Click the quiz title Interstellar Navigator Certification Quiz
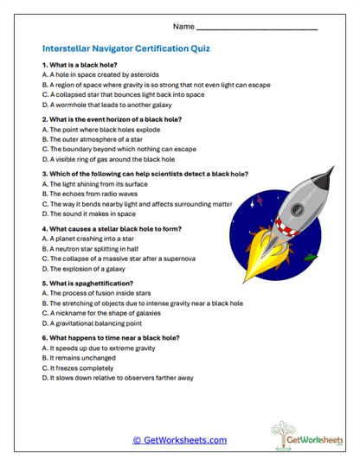[125, 48]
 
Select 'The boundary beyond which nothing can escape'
[119, 149]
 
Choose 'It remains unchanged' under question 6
[78, 357]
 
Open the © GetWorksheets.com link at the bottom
[179, 440]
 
